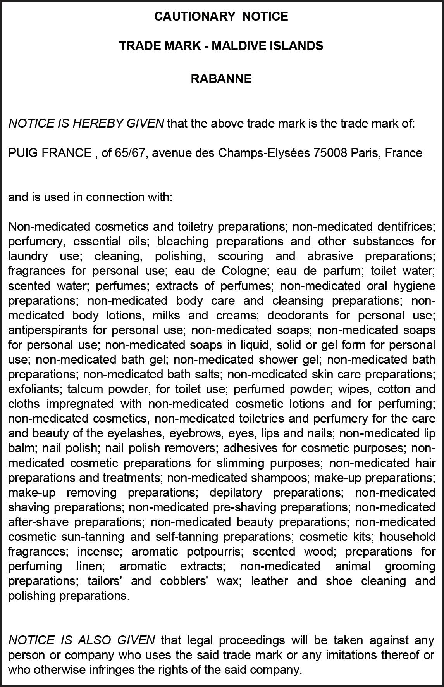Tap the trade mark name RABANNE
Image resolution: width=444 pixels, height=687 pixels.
coord(221,79)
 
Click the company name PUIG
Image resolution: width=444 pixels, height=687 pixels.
coord(23,153)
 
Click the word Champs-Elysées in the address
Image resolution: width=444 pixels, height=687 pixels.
coord(264,153)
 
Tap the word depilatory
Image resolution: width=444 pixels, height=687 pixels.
coord(236,492)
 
